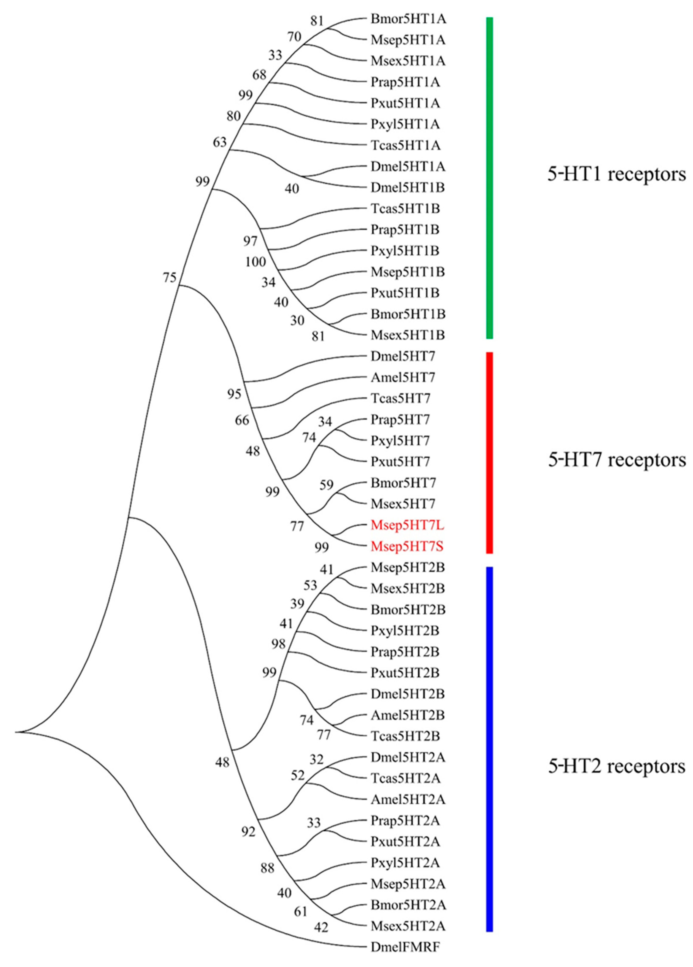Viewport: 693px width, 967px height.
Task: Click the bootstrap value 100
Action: point(255,262)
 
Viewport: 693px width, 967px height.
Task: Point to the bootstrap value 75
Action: point(170,278)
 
